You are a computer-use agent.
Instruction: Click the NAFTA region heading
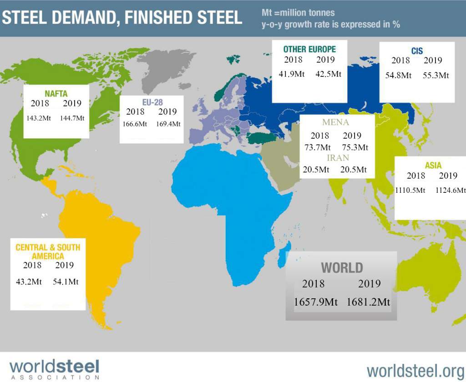coord(56,94)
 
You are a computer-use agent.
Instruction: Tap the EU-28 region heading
coord(152,102)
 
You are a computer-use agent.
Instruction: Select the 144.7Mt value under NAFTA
coord(72,118)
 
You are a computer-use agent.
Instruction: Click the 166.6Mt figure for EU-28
coord(135,124)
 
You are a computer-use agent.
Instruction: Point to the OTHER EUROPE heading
coord(309,49)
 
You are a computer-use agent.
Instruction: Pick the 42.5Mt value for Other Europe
coord(329,74)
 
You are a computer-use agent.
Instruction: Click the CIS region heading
coord(417,51)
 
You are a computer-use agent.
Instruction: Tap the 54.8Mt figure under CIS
coord(398,75)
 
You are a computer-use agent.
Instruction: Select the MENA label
coord(335,122)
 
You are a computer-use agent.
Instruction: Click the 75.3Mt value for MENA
coord(355,147)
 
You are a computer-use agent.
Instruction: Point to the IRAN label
coord(338,158)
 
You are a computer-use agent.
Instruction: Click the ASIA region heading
coord(433,166)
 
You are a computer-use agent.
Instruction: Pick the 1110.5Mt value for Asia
coord(410,190)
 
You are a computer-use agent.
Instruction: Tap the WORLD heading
coord(342,268)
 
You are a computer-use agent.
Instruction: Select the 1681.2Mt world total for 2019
coord(368,302)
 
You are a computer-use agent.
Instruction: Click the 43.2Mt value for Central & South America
coord(29,281)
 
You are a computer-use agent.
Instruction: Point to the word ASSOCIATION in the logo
coord(55,377)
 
